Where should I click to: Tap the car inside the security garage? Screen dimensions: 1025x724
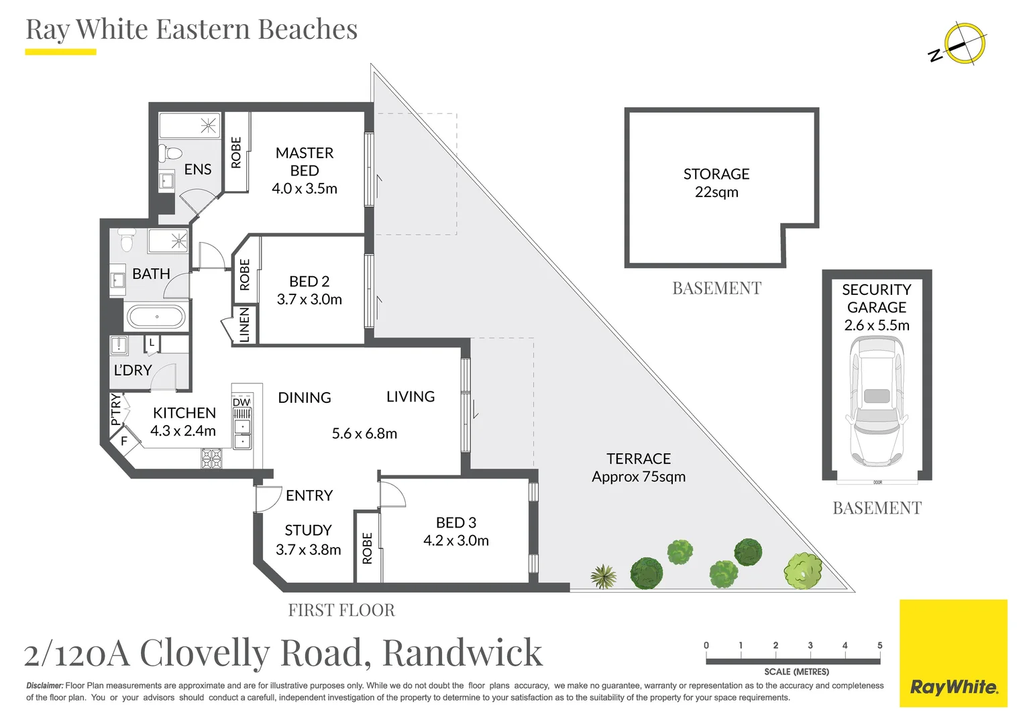pyautogui.click(x=876, y=401)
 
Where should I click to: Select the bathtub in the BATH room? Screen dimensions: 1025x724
pyautogui.click(x=156, y=316)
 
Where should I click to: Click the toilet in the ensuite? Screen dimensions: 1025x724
pyautogui.click(x=169, y=154)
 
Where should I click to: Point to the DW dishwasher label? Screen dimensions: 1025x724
pyautogui.click(x=241, y=402)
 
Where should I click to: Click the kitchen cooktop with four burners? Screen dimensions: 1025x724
pyautogui.click(x=212, y=459)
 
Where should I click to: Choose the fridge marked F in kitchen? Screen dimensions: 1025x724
pyautogui.click(x=124, y=441)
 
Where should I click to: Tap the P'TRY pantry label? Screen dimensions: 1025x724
pyautogui.click(x=116, y=410)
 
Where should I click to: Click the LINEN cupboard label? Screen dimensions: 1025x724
pyautogui.click(x=244, y=324)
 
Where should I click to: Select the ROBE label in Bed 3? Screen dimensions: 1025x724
pyautogui.click(x=367, y=548)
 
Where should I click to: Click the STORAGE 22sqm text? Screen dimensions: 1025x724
pyautogui.click(x=716, y=183)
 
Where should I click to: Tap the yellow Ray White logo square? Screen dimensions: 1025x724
pyautogui.click(x=954, y=653)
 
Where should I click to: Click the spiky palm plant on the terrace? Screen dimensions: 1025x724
pyautogui.click(x=603, y=577)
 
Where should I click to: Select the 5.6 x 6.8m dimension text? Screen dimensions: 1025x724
pyautogui.click(x=364, y=433)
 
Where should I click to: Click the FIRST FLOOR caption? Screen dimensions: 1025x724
pyautogui.click(x=341, y=610)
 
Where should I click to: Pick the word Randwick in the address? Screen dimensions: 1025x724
pyautogui.click(x=463, y=653)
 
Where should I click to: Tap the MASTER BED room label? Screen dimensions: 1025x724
pyautogui.click(x=305, y=162)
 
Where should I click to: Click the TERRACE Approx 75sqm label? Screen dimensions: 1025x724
pyautogui.click(x=639, y=467)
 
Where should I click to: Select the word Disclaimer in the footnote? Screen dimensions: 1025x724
pyautogui.click(x=45, y=686)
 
